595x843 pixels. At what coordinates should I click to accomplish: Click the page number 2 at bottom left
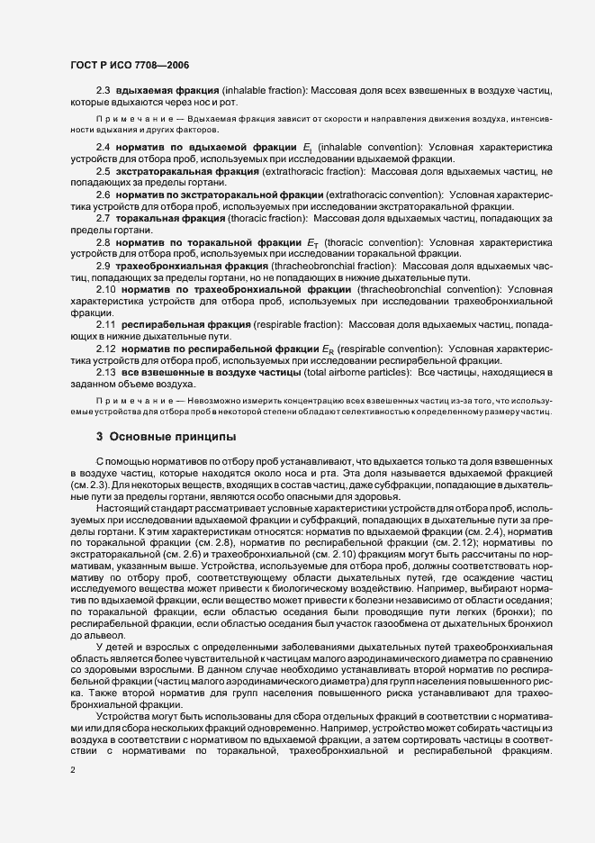pos(75,771)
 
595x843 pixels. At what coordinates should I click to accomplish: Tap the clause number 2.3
pos(104,92)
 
